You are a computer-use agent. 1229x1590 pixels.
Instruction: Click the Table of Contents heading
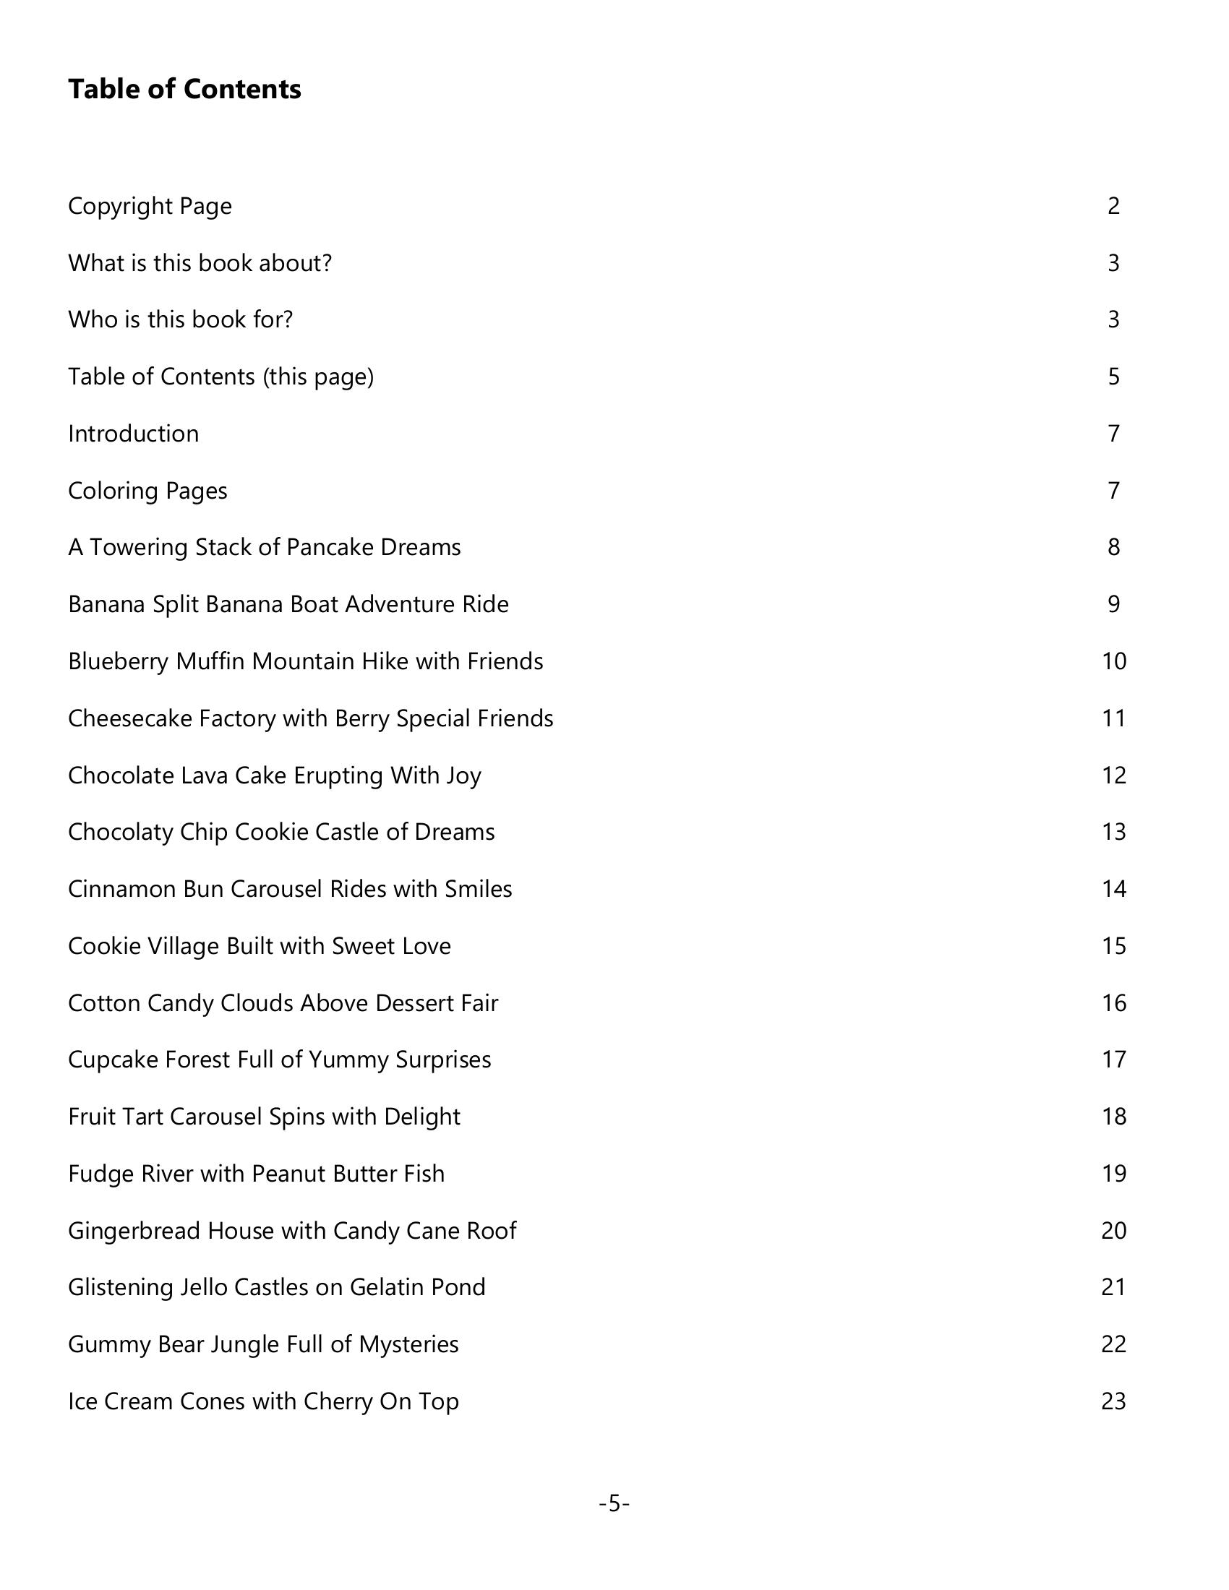(x=184, y=89)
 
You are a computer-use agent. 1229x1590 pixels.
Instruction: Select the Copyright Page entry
(x=150, y=206)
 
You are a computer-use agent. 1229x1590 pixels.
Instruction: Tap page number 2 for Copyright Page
(x=1113, y=206)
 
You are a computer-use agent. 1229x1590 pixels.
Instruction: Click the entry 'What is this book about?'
(x=200, y=263)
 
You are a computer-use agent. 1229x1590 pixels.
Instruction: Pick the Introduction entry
(x=133, y=434)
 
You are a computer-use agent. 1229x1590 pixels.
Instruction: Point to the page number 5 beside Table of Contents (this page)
(x=1113, y=377)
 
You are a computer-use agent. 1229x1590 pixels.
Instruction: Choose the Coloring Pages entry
(x=147, y=491)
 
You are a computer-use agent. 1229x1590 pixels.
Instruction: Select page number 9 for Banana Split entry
(x=1113, y=604)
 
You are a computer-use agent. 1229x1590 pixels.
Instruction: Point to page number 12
(x=1114, y=775)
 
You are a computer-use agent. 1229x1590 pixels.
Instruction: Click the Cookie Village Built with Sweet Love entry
(x=260, y=946)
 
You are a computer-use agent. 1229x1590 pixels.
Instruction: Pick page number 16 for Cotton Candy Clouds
(x=1114, y=1003)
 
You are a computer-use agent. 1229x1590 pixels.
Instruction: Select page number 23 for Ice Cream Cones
(x=1114, y=1401)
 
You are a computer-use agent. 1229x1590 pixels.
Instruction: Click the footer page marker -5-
(x=614, y=1503)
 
